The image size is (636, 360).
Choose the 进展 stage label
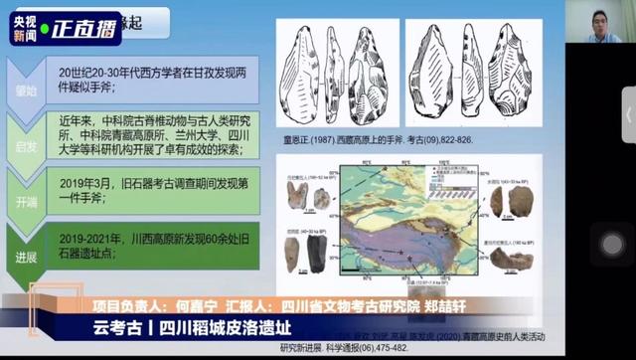25,256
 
